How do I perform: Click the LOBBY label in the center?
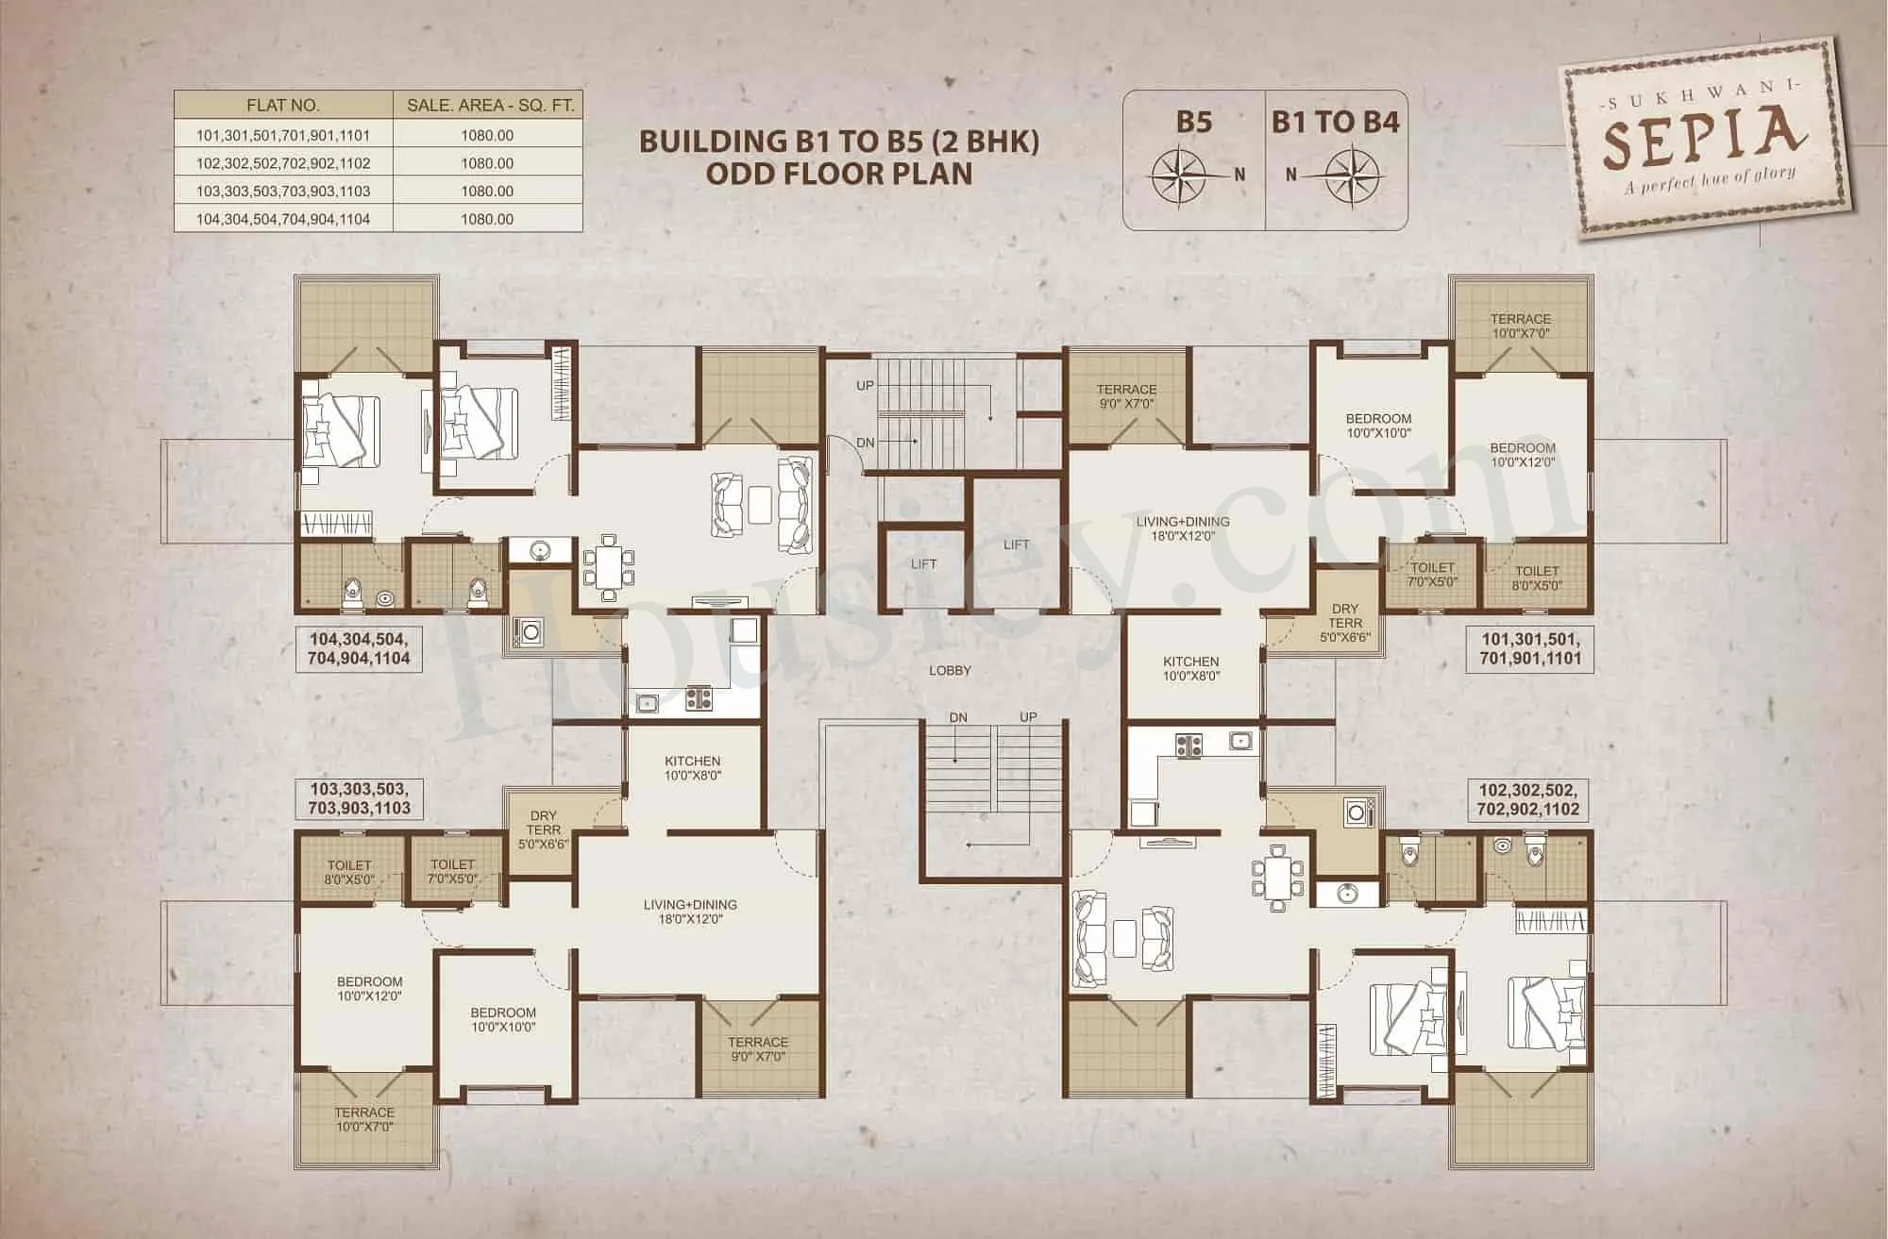pyautogui.click(x=950, y=670)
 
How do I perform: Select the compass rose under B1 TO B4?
pyautogui.click(x=1356, y=175)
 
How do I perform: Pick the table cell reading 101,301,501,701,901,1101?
pyautogui.click(x=283, y=135)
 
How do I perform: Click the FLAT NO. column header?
pyautogui.click(x=283, y=106)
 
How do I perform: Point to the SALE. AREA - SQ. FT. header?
pyautogui.click(x=490, y=106)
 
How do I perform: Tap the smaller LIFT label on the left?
pyautogui.click(x=923, y=563)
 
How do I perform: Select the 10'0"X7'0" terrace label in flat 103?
pyautogui.click(x=364, y=1119)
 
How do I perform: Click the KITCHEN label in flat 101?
pyautogui.click(x=1191, y=668)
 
